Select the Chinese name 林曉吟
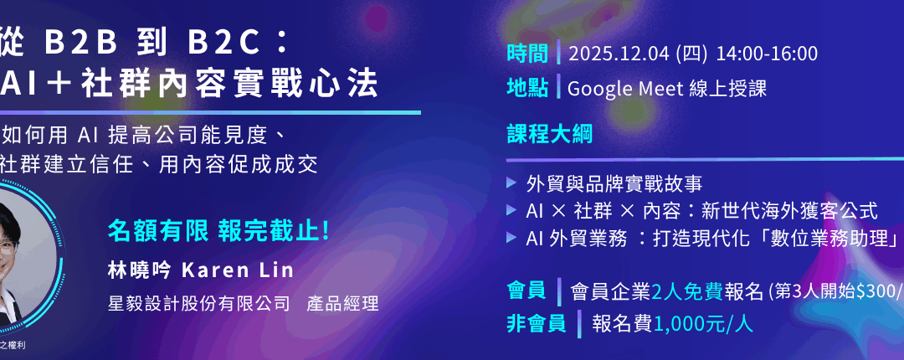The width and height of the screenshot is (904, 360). tap(139, 271)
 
